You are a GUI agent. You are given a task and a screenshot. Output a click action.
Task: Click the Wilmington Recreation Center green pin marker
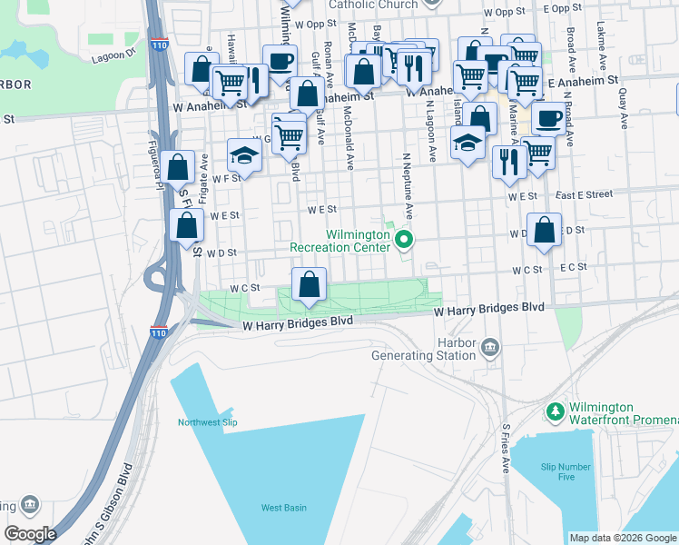(405, 241)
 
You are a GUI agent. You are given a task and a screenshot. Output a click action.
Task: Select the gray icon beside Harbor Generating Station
(490, 347)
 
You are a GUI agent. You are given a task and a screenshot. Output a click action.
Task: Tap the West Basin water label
(283, 508)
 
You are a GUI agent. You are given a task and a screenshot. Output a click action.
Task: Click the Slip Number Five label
(558, 471)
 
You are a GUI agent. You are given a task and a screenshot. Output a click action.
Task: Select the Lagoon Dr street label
(113, 54)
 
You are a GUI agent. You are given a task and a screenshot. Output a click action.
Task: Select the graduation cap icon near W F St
(243, 155)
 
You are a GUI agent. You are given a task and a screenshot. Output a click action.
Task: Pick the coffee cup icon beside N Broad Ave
(547, 118)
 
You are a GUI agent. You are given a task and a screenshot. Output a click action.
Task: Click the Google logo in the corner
(29, 534)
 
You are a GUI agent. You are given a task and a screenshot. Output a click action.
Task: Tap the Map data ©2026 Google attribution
(622, 538)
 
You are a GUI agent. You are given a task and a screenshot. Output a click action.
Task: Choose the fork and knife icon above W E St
(509, 161)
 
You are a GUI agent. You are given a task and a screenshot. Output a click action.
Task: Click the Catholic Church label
(374, 5)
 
